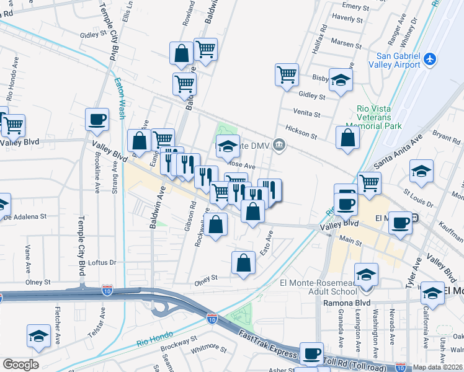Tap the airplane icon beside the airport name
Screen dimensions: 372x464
click(431, 60)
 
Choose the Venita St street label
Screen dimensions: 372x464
click(308, 115)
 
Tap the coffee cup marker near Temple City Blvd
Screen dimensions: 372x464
click(97, 120)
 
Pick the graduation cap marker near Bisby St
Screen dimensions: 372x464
click(340, 79)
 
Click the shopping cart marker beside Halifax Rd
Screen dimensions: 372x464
click(287, 75)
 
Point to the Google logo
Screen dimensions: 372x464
click(20, 365)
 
